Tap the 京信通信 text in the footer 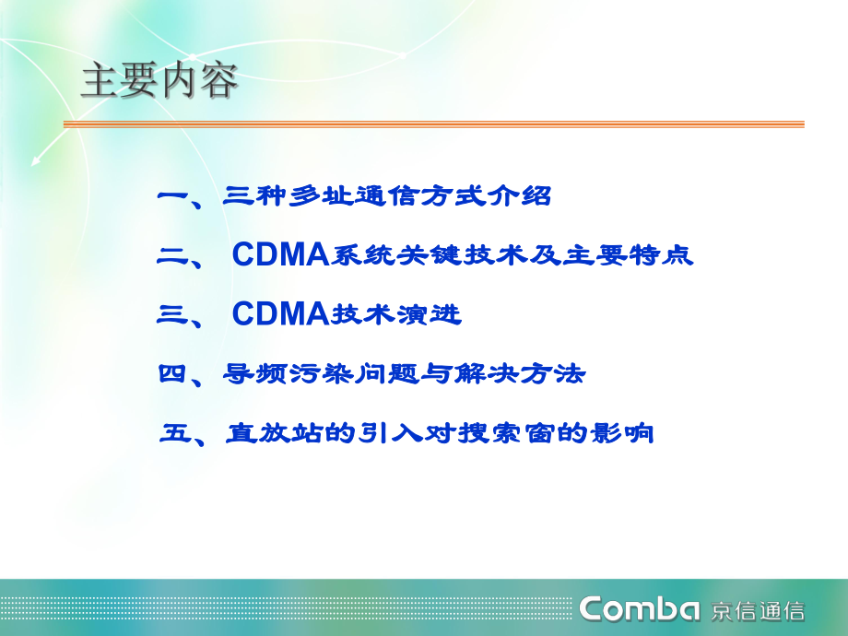(758, 610)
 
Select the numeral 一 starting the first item (172, 196)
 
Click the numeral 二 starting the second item (172, 257)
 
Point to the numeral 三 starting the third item (172, 315)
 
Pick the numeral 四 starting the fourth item (172, 374)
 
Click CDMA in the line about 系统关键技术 (280, 256)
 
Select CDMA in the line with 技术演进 (280, 315)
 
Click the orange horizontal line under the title (433, 124)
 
